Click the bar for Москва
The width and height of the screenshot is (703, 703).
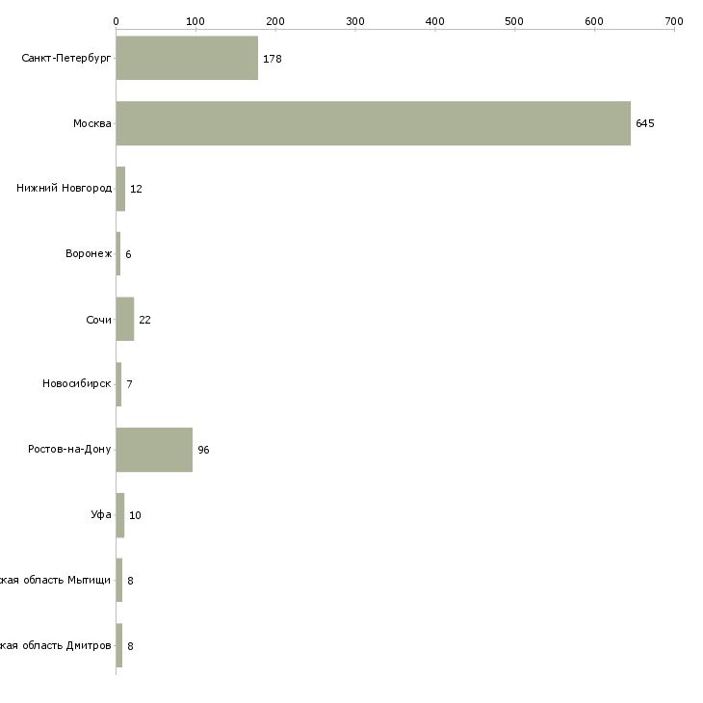(374, 123)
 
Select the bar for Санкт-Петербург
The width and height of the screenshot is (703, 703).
(187, 58)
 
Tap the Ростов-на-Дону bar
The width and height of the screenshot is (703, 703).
(154, 450)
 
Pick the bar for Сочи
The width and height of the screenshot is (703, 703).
(125, 319)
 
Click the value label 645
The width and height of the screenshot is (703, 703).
(645, 123)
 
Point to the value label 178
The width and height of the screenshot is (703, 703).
(272, 59)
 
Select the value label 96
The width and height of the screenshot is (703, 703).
(203, 450)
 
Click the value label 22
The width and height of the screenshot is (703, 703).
(144, 320)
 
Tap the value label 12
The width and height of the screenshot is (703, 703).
(136, 189)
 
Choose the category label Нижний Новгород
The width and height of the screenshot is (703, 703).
(64, 188)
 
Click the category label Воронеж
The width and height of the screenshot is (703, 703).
(89, 253)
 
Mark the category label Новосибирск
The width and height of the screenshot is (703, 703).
(77, 384)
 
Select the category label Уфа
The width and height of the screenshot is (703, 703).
(100, 515)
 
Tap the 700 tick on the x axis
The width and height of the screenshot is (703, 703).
(673, 20)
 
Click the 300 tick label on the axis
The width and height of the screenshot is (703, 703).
(355, 20)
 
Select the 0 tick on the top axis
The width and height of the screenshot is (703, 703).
(116, 20)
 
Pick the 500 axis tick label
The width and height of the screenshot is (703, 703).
(515, 20)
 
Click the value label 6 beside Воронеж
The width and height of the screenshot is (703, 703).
(128, 254)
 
